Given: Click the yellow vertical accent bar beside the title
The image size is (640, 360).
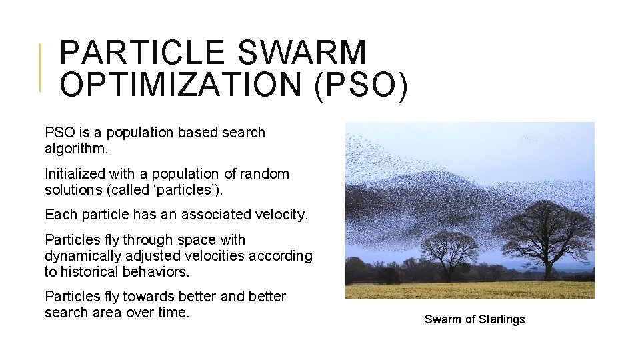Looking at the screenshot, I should point(41,67).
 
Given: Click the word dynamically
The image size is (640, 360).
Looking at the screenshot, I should point(84,256).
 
